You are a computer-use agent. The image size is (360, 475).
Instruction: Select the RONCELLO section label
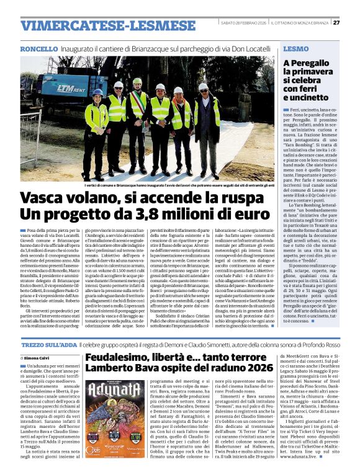tap(40, 48)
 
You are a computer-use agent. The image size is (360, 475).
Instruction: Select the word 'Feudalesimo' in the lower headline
tap(120, 358)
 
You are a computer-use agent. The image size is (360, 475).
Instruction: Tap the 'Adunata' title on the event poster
tap(114, 394)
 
